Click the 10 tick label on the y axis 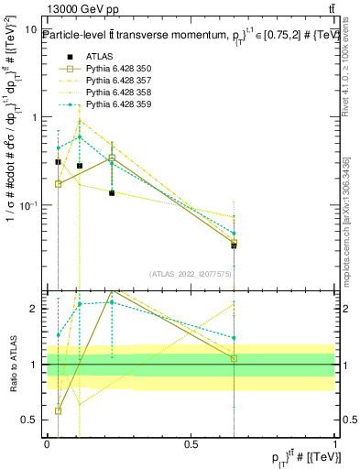(30, 30)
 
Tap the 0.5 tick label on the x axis (191, 443)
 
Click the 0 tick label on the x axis (47, 443)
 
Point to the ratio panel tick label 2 (36, 309)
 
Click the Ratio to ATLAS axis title (12, 365)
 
